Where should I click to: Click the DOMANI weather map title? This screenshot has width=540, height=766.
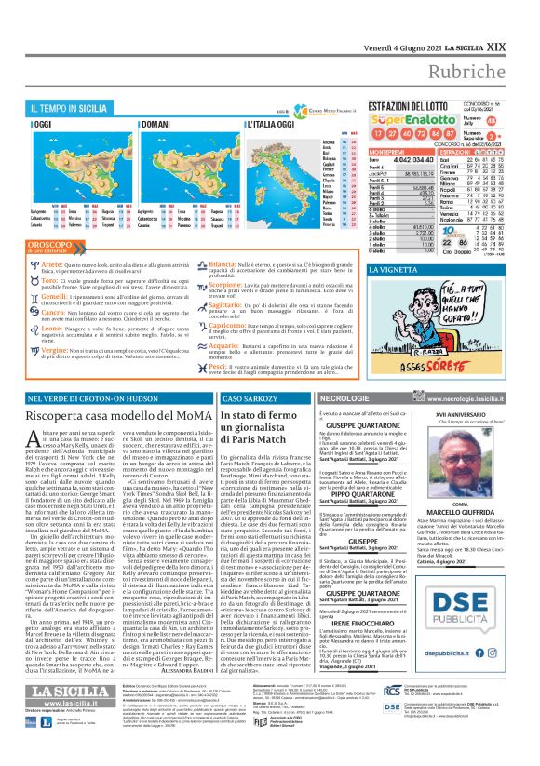click(156, 124)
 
